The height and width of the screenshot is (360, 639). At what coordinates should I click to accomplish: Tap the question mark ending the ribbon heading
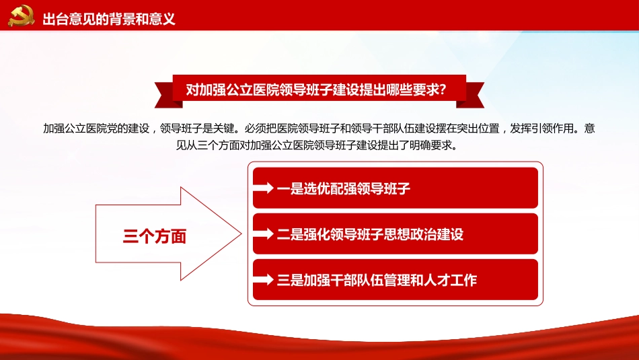pos(441,90)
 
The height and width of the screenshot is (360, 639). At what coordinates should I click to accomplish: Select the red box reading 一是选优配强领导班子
pos(396,188)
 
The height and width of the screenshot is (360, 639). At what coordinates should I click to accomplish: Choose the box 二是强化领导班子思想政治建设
pos(396,233)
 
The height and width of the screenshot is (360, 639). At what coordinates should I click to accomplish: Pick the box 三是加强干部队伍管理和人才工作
pos(396,279)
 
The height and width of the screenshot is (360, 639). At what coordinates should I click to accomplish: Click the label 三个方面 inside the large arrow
pos(154,236)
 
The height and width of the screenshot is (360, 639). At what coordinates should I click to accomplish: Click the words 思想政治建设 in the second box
pos(424,234)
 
